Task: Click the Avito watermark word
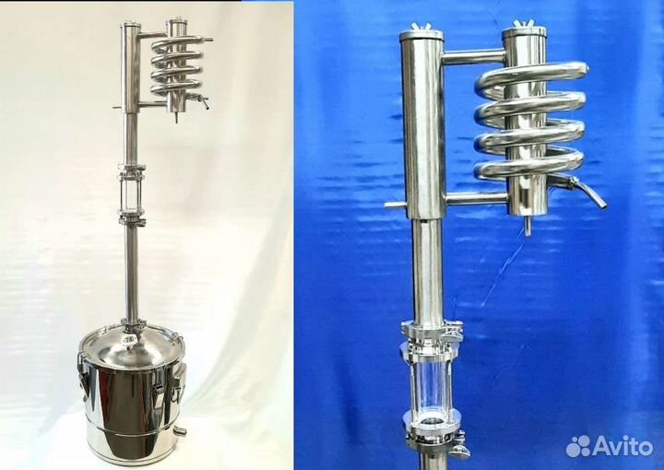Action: point(622,446)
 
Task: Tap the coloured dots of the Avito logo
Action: point(578,446)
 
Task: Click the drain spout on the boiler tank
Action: point(180,431)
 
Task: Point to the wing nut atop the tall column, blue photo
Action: point(421,27)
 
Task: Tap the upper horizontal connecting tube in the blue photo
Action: point(472,57)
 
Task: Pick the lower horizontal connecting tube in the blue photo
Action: point(476,198)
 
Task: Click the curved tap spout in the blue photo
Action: point(587,191)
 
